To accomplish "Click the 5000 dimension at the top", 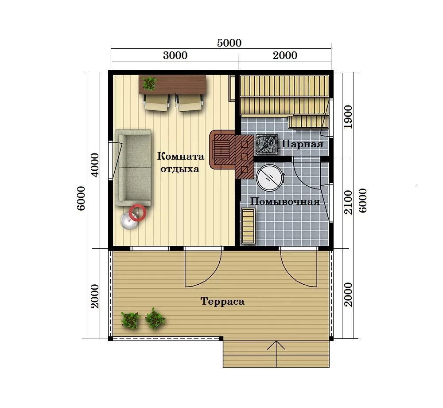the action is coord(229,43).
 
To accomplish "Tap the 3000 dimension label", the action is coord(175,55).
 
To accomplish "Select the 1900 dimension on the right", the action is coord(348,117).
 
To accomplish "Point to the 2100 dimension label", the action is coord(348,202).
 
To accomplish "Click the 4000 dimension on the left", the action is coord(96,165).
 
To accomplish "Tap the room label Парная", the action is coord(303,144).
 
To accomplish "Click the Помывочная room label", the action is coord(285,202).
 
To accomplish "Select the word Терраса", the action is coord(222,302).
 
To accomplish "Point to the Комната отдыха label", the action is coord(181,163).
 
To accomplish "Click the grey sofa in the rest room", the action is coord(133,168).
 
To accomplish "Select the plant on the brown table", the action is coord(149,83).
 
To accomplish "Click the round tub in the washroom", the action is coord(270,177).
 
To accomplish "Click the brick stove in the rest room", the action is coord(231,154).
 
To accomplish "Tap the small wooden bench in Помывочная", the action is coord(248,226).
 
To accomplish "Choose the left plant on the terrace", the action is coord(130,321).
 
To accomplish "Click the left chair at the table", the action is coord(157,103).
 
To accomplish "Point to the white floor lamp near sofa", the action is coord(129,221).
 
